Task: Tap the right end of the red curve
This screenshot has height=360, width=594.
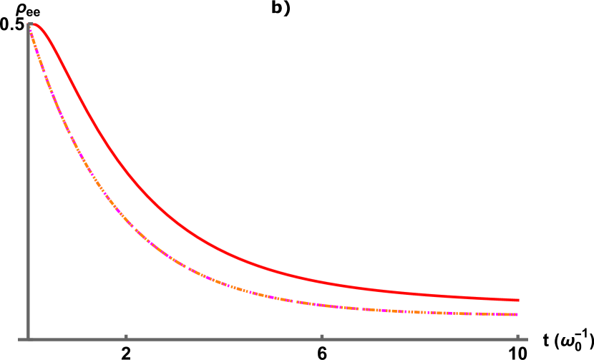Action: tap(518, 300)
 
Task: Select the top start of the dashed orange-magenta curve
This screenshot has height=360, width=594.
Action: tap(29, 29)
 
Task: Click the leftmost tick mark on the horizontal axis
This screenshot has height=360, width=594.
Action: tap(126, 336)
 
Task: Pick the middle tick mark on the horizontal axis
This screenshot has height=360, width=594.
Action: tap(322, 336)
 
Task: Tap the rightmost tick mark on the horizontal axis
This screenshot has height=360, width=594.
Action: tap(517, 336)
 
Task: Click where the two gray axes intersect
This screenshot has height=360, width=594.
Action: tap(29, 339)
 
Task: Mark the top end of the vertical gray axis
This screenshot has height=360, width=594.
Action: tap(29, 24)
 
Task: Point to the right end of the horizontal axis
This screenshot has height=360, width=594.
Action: tap(527, 339)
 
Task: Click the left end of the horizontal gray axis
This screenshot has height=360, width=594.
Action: tap(19, 339)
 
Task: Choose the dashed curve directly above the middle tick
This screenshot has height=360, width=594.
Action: tap(322, 305)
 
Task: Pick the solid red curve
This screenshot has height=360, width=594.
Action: tap(215, 248)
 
